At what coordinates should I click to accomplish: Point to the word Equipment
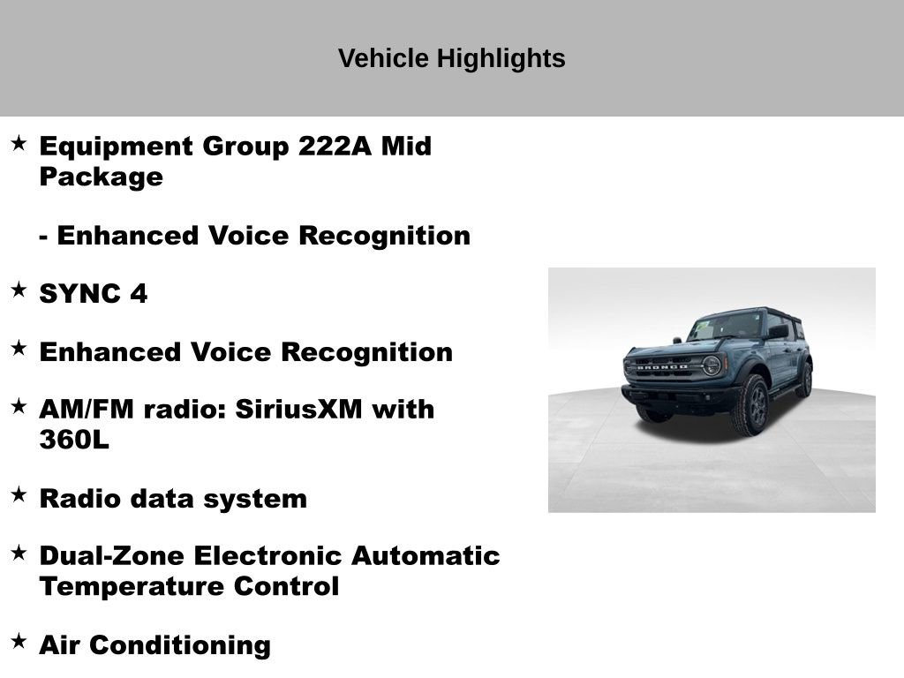tap(117, 147)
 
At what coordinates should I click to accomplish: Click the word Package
tap(101, 177)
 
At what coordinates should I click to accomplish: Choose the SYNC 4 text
tap(94, 294)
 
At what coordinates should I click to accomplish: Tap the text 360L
tap(74, 440)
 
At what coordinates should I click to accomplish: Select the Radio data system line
tap(173, 499)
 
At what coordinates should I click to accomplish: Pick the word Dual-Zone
tap(112, 556)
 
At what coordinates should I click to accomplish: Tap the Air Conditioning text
tap(154, 645)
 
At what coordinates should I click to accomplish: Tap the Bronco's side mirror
tap(777, 332)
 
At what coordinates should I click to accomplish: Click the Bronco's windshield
tap(727, 327)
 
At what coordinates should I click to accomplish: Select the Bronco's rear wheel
tap(803, 380)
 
